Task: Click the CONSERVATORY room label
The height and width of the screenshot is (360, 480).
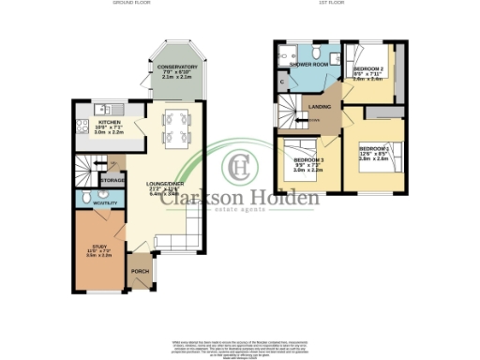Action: point(177,67)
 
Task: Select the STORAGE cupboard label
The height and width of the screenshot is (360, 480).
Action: point(112,179)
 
